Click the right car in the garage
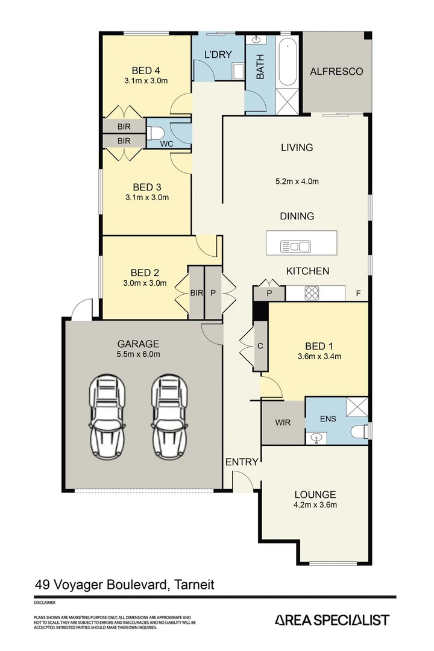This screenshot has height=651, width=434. pos(167,416)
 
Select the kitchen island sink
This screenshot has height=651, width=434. pos(295,246)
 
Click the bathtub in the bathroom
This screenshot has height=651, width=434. pos(288,63)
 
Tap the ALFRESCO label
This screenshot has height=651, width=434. pos(336,72)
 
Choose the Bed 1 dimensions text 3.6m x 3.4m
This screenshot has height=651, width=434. pos(319,356)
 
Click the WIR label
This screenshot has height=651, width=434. pos(282,423)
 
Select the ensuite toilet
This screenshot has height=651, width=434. pos(359,432)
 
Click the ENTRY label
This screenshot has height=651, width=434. pos(242,462)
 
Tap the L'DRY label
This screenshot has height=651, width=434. pos(218,55)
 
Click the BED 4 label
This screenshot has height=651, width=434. pos(146,69)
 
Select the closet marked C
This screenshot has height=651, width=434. pos(260,346)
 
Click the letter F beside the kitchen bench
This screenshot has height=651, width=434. pos(358,294)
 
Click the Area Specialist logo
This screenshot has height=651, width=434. pos(332,620)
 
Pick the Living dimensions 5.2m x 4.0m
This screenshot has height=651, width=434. pos(297,181)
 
